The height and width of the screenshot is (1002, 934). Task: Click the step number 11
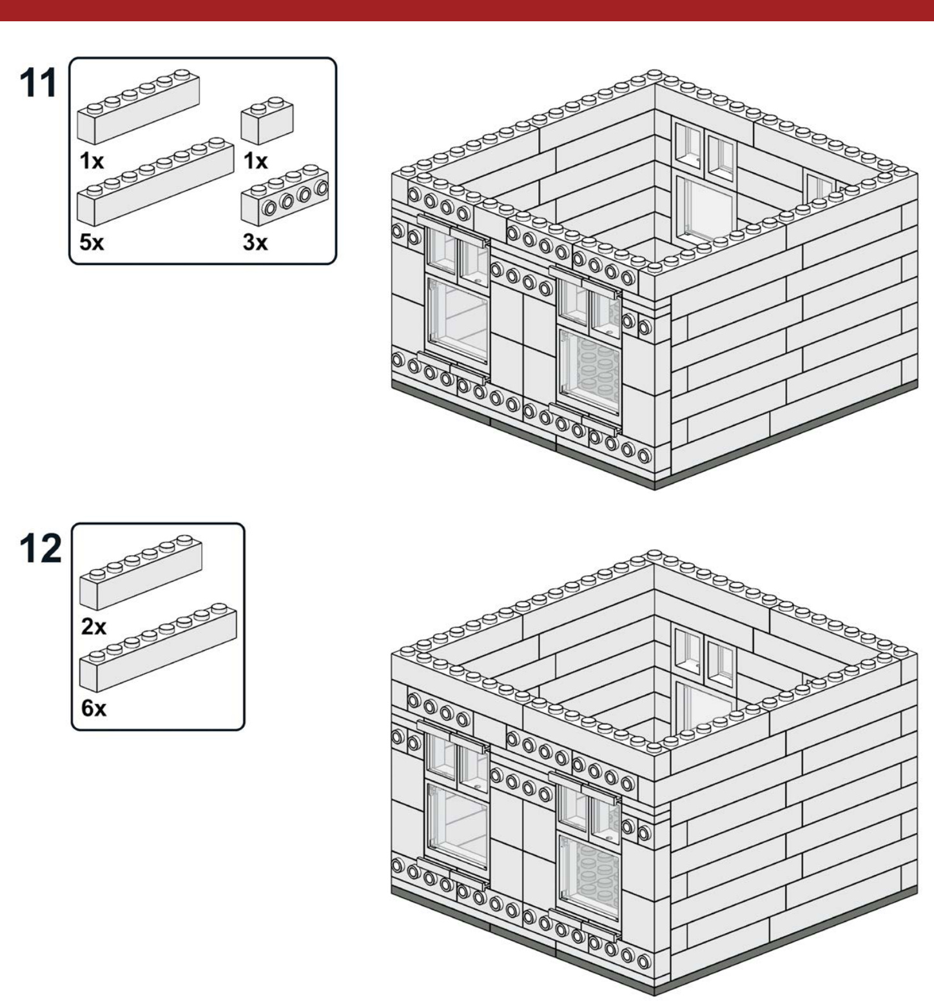pyautogui.click(x=39, y=84)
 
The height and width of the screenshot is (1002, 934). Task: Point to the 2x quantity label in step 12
pyautogui.click(x=94, y=626)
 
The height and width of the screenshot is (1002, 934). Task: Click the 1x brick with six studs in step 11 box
pyautogui.click(x=138, y=106)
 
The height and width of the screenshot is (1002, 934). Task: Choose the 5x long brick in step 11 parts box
pyautogui.click(x=155, y=181)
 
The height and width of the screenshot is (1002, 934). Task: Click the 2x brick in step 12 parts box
pyautogui.click(x=141, y=573)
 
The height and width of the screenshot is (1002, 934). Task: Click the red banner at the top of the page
pyautogui.click(x=467, y=10)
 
